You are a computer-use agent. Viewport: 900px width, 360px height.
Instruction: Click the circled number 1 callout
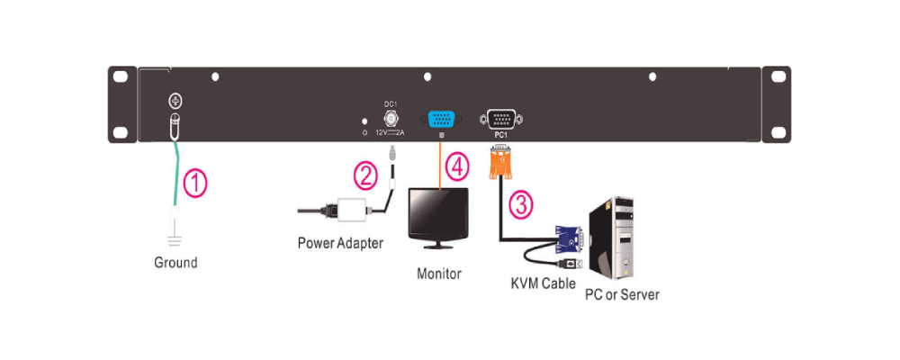click(194, 184)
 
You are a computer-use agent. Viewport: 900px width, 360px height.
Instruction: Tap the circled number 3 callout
click(520, 204)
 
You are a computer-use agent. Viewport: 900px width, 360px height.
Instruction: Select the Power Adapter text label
click(340, 242)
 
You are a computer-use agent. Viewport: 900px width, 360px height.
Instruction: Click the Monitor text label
click(439, 273)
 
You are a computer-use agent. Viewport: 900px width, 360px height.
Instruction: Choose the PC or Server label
click(622, 294)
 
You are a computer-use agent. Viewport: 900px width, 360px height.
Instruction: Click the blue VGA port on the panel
click(441, 121)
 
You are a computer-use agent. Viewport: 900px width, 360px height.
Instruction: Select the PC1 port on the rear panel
click(499, 121)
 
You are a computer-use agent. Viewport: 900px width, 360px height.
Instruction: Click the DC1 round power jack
click(391, 118)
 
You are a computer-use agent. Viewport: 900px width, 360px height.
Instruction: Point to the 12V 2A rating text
click(391, 132)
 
